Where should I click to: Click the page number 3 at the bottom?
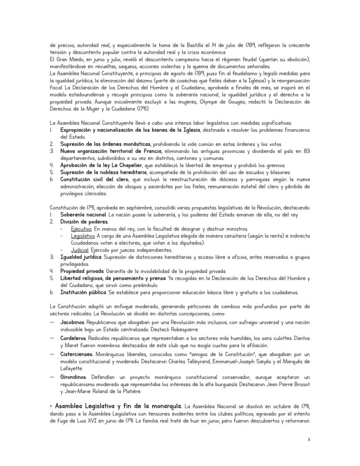pos(309,439)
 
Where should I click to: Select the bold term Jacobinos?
pos(73,322)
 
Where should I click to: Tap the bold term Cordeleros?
pos(73,338)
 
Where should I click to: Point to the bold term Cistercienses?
pos(77,355)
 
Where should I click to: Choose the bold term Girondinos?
pos(74,377)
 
